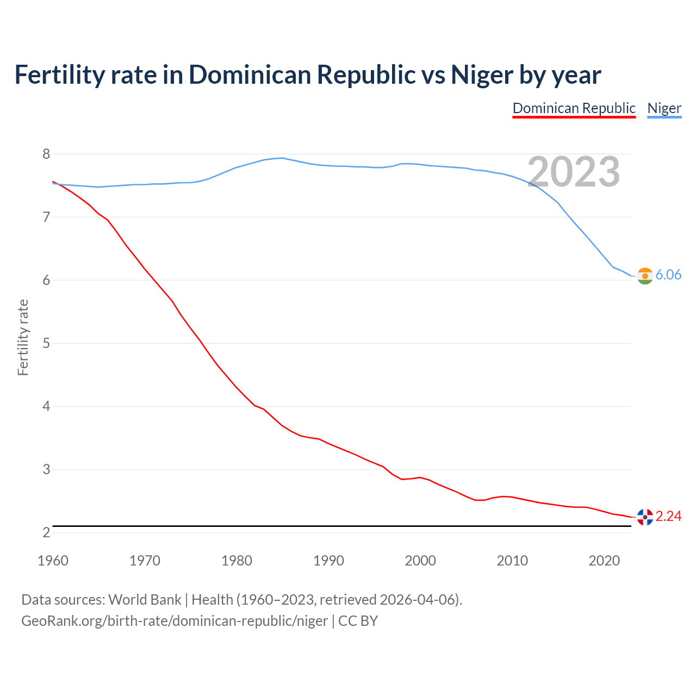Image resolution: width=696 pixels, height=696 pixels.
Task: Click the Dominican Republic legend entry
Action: (574, 108)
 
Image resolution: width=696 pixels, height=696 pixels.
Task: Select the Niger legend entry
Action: (664, 108)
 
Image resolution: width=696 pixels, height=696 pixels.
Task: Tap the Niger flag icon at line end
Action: (645, 276)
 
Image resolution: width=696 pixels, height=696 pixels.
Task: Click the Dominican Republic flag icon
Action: (645, 517)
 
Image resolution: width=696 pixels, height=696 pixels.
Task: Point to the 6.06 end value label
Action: (668, 275)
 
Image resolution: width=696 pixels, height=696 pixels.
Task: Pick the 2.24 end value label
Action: (668, 516)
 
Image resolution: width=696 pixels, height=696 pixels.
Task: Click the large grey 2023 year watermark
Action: (574, 172)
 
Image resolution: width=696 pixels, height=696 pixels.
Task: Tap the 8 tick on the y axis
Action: (46, 154)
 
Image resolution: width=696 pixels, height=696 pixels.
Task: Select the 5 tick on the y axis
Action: (46, 344)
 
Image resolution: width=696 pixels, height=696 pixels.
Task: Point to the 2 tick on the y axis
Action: (46, 533)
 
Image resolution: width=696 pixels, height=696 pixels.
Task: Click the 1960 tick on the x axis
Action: (53, 561)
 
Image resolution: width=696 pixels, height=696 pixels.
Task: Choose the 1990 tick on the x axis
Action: (328, 561)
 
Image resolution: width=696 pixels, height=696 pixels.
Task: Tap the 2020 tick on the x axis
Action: (604, 561)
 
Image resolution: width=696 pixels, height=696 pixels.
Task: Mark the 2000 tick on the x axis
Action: (420, 561)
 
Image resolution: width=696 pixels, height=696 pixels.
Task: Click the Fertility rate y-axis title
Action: (23, 337)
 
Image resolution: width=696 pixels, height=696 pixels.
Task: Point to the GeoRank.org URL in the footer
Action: (175, 621)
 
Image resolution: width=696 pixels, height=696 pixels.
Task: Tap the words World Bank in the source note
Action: (145, 600)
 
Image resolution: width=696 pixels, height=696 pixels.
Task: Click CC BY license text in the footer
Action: (358, 621)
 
